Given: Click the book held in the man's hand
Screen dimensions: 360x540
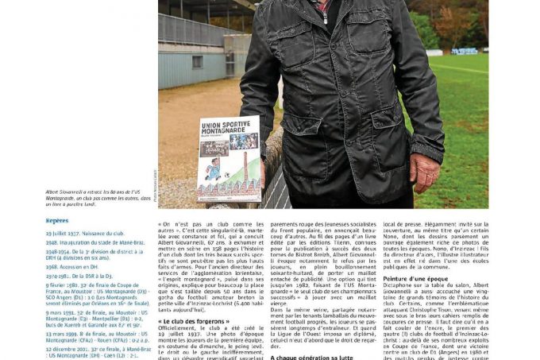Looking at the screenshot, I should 228,158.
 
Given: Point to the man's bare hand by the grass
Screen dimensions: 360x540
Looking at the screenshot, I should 425,170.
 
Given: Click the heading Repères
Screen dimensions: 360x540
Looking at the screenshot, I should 57,220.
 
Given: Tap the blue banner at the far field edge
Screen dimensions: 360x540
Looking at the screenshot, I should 464,51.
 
